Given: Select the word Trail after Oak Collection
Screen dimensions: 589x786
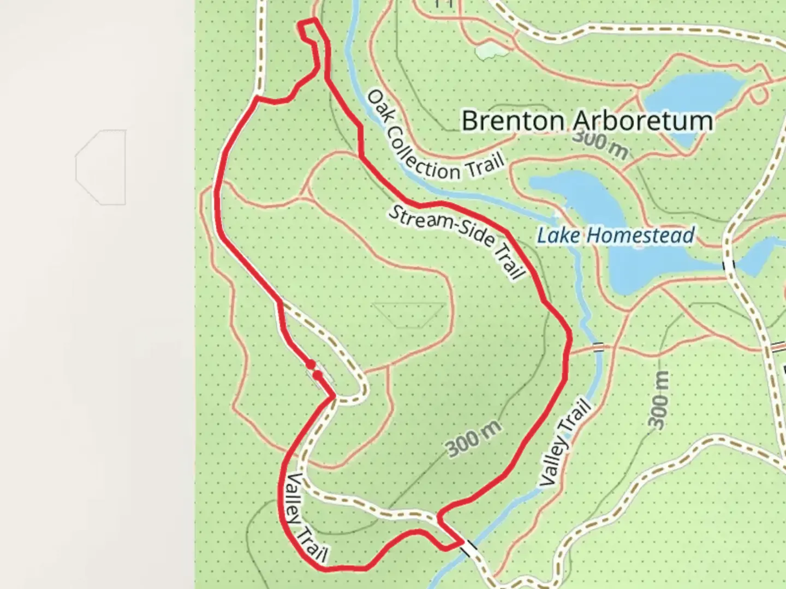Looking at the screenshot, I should pyautogui.click(x=484, y=166).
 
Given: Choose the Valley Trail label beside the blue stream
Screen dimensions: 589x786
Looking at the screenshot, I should pyautogui.click(x=564, y=443).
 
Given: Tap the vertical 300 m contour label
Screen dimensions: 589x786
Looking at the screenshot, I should pyautogui.click(x=659, y=400).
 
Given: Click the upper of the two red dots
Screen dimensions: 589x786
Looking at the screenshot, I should pyautogui.click(x=310, y=364).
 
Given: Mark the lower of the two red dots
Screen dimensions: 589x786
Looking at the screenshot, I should pyautogui.click(x=317, y=375).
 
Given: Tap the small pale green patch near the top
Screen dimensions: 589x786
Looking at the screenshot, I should pyautogui.click(x=490, y=51).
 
